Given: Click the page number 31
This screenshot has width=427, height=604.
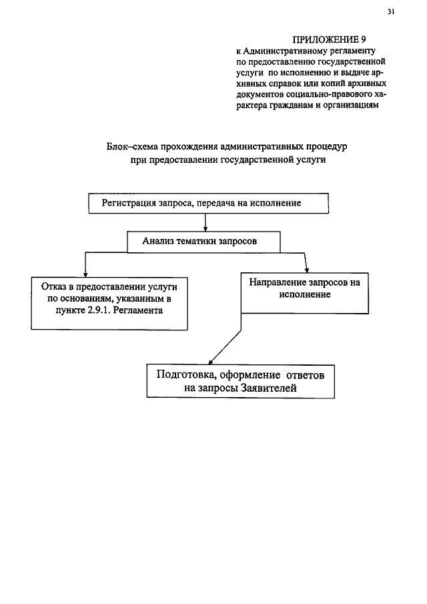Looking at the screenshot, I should pos(392,11).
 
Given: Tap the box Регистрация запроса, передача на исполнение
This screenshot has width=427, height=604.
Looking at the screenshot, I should pos(209,204).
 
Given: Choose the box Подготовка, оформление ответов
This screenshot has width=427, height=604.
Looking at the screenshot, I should pos(240,381).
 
